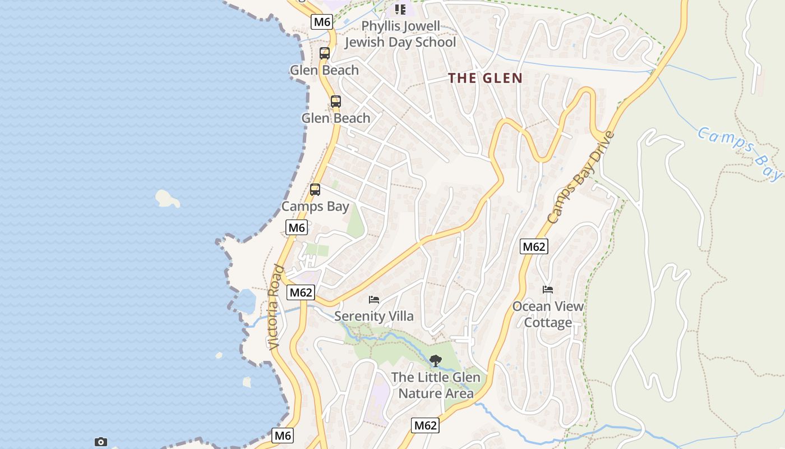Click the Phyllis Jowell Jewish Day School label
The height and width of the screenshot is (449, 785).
[400, 34]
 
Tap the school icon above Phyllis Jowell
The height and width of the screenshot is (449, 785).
[400, 10]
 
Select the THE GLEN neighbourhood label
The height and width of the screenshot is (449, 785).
[485, 79]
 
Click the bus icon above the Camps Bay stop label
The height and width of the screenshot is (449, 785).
[315, 190]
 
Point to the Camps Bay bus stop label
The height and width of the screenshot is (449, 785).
[315, 207]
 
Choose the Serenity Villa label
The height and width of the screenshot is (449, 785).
[374, 316]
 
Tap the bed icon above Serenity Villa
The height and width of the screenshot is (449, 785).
[374, 300]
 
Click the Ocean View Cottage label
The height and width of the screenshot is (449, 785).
[548, 314]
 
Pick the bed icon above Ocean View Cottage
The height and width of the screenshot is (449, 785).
[548, 290]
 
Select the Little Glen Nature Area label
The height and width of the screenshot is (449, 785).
[436, 385]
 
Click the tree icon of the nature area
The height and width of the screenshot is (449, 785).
[435, 361]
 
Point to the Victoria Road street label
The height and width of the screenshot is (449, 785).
[274, 307]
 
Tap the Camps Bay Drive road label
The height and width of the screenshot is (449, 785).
[581, 177]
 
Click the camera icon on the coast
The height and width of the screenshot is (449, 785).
[101, 442]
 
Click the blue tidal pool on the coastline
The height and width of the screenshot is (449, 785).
[246, 301]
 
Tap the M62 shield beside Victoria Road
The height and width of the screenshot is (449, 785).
[301, 292]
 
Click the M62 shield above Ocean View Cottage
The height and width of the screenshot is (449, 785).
[534, 246]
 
